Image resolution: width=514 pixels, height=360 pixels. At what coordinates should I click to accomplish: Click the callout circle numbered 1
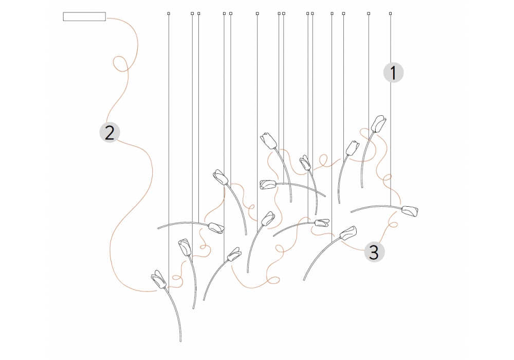pyautogui.click(x=393, y=73)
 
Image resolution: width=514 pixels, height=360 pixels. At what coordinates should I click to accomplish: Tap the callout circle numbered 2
pyautogui.click(x=109, y=133)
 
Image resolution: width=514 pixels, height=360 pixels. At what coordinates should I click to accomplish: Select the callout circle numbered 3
pyautogui.click(x=374, y=252)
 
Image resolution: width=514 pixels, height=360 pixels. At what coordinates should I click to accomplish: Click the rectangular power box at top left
pyautogui.click(x=84, y=16)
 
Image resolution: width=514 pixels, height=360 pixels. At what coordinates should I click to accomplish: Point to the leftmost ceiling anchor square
pyautogui.click(x=169, y=13)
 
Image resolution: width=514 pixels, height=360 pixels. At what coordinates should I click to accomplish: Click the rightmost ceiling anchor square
pyautogui.click(x=391, y=13)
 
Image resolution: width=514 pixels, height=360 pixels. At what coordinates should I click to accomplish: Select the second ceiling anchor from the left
pyautogui.click(x=192, y=13)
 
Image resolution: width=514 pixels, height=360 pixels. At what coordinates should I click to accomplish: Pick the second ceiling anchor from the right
pyautogui.click(x=369, y=13)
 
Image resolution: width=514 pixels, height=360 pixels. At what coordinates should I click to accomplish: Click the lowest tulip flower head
pyautogui.click(x=159, y=279)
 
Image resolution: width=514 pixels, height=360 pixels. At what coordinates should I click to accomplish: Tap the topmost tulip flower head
pyautogui.click(x=379, y=123)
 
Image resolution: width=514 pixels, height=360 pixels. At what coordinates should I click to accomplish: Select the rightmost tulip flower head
pyautogui.click(x=410, y=211)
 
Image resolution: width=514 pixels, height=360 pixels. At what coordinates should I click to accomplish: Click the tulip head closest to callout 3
pyautogui.click(x=348, y=233)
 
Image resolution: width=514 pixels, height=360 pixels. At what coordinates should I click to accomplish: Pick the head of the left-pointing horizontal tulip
pyautogui.click(x=268, y=185)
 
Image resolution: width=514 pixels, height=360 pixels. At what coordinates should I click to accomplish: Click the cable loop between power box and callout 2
pyautogui.click(x=120, y=64)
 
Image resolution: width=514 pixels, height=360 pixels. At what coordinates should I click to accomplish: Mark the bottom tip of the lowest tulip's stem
pyautogui.click(x=180, y=341)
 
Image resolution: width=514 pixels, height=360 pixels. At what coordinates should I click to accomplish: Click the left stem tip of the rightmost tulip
pyautogui.click(x=352, y=212)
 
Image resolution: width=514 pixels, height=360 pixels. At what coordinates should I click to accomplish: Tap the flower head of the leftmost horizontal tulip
pyautogui.click(x=216, y=228)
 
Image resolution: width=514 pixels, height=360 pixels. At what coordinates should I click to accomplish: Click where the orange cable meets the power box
pyautogui.click(x=106, y=19)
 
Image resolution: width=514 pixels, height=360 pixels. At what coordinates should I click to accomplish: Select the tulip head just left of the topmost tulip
pyautogui.click(x=353, y=148)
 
